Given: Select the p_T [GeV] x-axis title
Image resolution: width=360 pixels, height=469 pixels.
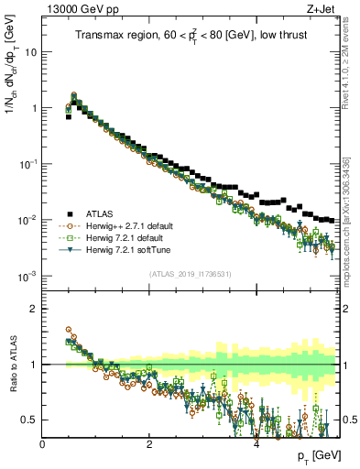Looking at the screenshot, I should (315, 455).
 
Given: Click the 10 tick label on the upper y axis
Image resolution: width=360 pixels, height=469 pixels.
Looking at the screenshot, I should (30, 51).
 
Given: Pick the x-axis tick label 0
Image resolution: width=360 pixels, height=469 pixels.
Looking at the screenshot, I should (42, 443).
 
